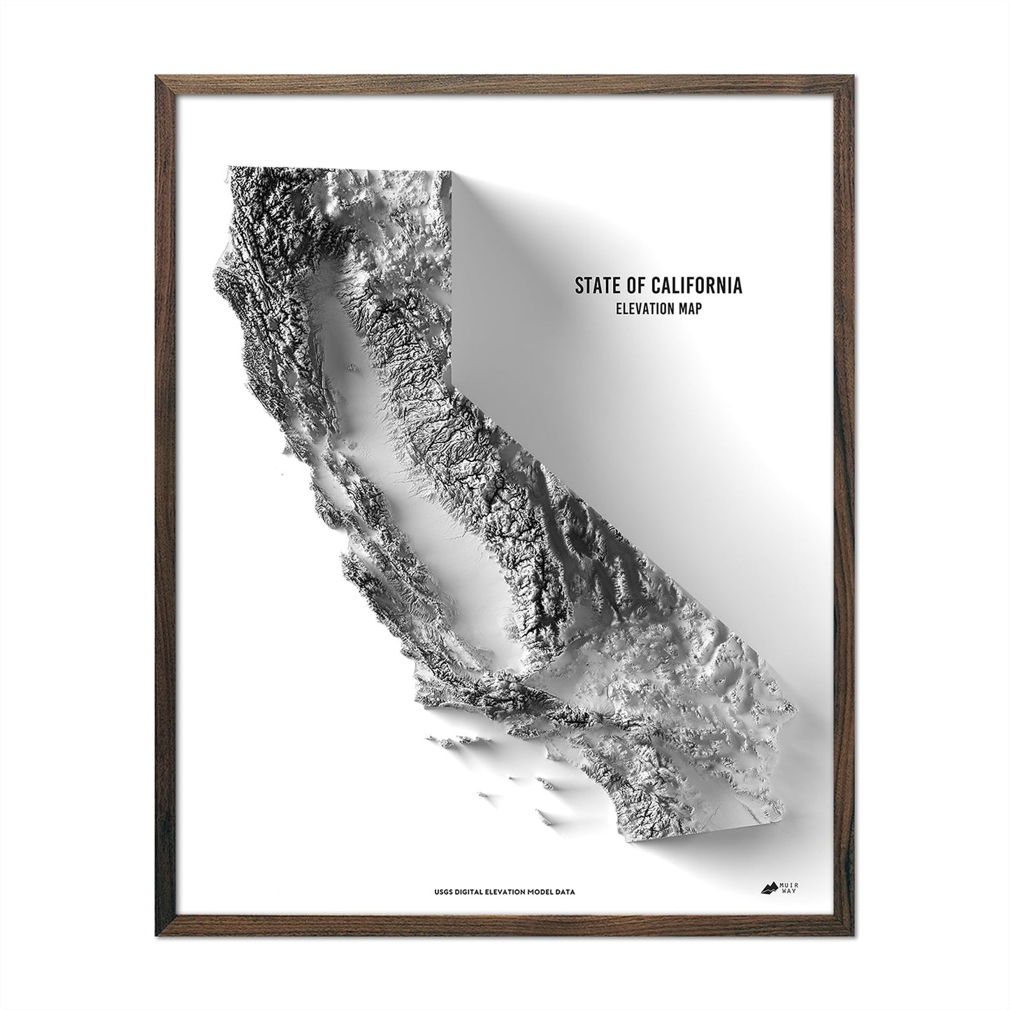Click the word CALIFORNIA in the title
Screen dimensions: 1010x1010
(696, 285)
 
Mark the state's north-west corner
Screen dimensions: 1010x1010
(229, 168)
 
